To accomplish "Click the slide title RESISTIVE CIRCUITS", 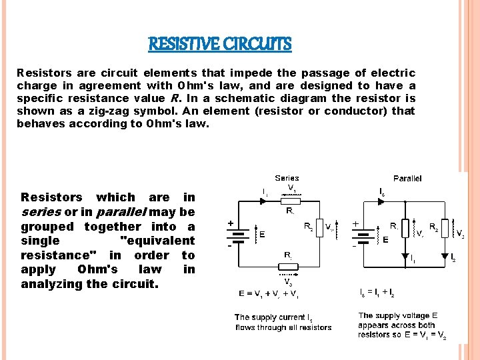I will click(x=220, y=45).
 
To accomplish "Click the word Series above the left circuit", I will click(x=287, y=179).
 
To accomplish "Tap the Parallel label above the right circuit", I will click(x=407, y=179).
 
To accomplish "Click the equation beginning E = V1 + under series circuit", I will click(x=269, y=293).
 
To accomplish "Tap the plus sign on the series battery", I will click(x=231, y=224).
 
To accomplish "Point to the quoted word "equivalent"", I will click(x=157, y=241).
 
